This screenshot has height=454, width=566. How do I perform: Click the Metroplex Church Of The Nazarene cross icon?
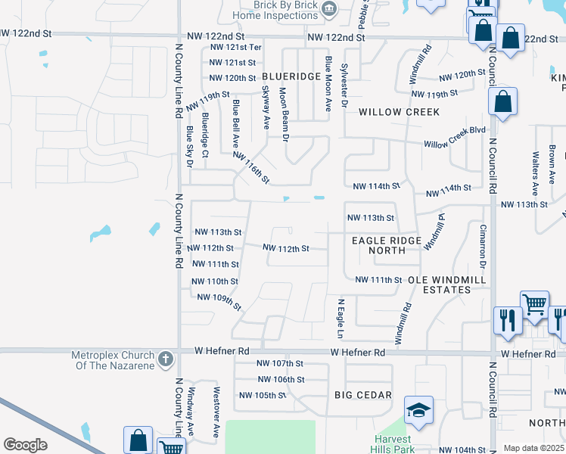tap(166, 356)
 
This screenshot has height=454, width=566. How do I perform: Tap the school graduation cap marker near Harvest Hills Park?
tap(418, 409)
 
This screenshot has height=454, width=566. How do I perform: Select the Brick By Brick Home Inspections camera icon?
tap(329, 9)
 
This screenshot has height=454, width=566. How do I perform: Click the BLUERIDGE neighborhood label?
tap(292, 77)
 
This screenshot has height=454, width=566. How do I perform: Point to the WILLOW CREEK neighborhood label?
tap(399, 112)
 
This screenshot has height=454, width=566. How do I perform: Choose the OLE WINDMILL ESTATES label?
tap(445, 285)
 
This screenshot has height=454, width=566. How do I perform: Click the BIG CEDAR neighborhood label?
tap(363, 395)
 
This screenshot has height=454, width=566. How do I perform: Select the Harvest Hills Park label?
tap(391, 445)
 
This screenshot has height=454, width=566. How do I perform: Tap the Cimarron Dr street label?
tap(482, 247)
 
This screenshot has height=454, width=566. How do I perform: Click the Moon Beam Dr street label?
tap(285, 114)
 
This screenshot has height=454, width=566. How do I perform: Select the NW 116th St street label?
tap(252, 166)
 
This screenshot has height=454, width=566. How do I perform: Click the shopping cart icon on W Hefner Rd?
tap(534, 304)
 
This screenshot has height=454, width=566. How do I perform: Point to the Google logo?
tap(25, 445)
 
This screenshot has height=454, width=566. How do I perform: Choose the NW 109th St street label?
tap(219, 301)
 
